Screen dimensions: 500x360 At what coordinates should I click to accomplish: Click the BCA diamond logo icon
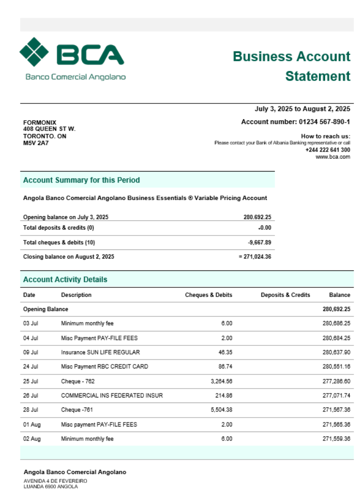click(x=34, y=51)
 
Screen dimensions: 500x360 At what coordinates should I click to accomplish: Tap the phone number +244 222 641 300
click(x=327, y=149)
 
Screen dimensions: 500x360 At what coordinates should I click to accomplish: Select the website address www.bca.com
click(x=332, y=156)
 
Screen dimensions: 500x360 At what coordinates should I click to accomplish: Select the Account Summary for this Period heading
click(x=81, y=180)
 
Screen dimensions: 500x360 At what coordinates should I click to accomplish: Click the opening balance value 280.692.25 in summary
click(x=257, y=217)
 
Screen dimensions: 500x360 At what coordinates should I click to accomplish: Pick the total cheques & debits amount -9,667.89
click(x=260, y=242)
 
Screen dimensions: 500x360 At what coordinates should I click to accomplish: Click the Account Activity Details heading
click(x=65, y=279)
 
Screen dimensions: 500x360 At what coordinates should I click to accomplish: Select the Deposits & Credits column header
click(x=285, y=295)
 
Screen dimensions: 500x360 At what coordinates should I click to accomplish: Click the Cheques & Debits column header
click(x=208, y=295)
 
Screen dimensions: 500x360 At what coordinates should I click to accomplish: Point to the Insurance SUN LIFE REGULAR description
click(x=100, y=352)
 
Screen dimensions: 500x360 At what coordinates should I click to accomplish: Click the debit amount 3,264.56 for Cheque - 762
click(x=220, y=381)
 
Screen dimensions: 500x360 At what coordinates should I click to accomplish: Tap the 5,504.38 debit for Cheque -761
click(x=220, y=410)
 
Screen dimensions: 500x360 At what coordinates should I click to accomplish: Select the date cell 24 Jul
click(x=30, y=367)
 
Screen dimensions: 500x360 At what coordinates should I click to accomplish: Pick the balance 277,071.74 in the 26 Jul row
click(x=336, y=396)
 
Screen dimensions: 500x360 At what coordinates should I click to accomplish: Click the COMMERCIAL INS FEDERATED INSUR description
click(x=112, y=396)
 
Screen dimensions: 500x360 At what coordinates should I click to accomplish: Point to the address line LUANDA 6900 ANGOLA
click(x=51, y=486)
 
